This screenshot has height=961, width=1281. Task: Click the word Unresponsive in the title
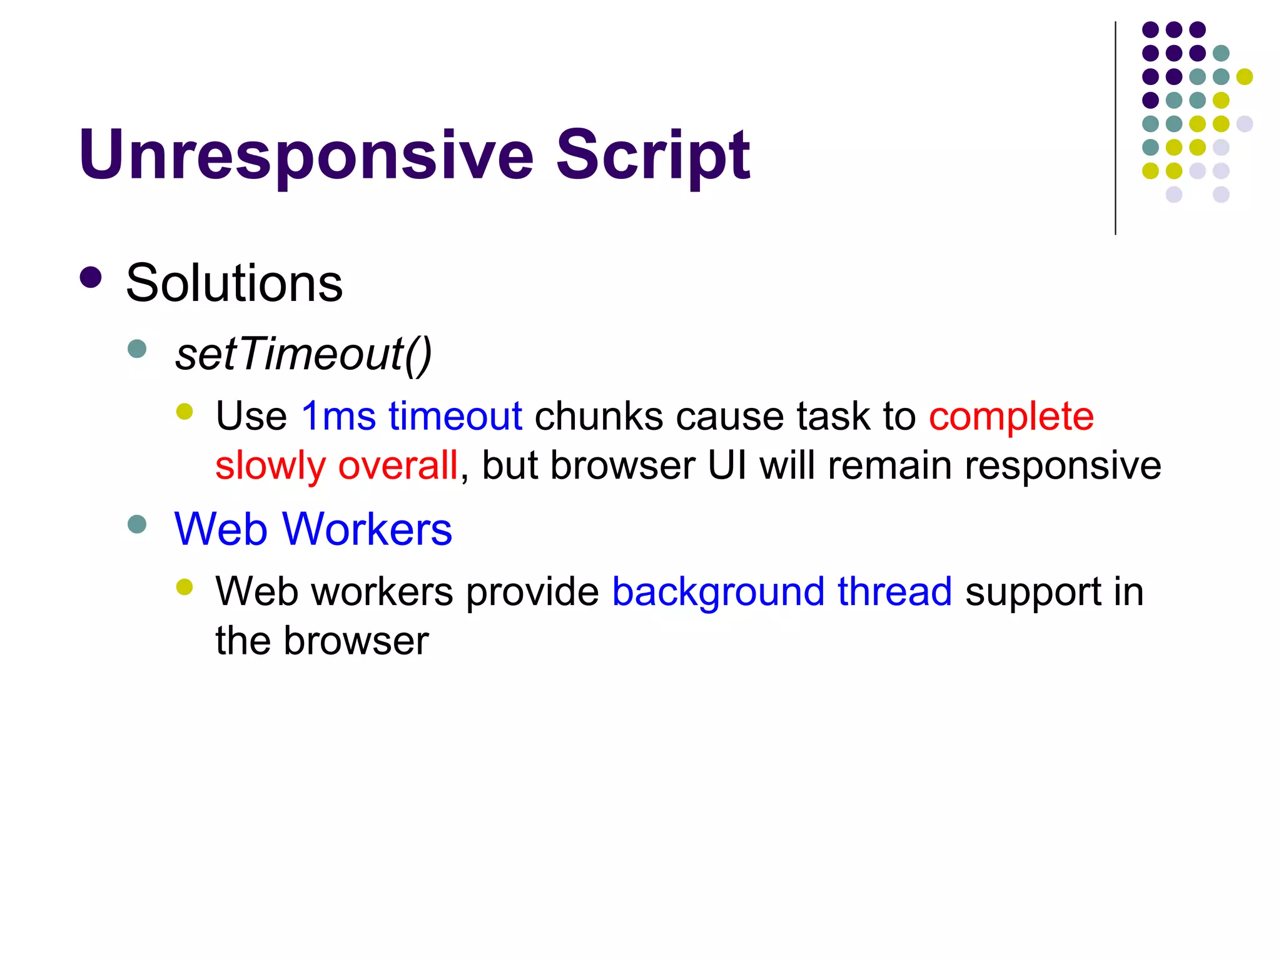(306, 155)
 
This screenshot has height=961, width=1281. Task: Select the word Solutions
(234, 283)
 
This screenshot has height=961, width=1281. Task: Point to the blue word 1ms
(338, 416)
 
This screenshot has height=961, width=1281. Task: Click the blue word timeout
(455, 416)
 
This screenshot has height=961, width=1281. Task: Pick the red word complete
(1011, 416)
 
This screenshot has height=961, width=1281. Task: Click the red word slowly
(270, 466)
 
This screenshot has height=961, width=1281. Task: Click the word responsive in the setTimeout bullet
(1063, 466)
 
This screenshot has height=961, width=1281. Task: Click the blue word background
(718, 592)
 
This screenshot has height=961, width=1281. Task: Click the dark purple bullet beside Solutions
(91, 278)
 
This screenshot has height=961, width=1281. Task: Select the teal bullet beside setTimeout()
(137, 348)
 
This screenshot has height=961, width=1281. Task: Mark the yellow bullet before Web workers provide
(185, 587)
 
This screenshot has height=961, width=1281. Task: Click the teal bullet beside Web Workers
(137, 524)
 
